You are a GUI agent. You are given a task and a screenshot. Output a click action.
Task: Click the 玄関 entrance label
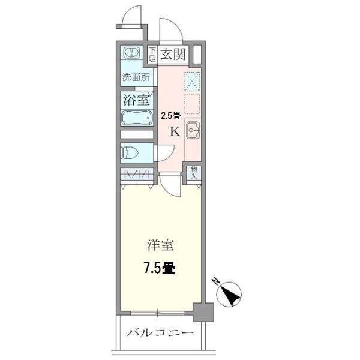tap(173, 55)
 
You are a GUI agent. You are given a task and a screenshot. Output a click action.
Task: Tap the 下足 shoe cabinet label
tap(152, 55)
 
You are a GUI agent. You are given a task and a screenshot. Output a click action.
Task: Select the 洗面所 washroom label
tap(135, 77)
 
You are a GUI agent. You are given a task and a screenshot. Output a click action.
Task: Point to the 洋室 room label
tap(160, 245)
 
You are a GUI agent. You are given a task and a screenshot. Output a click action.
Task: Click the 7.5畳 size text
tap(159, 267)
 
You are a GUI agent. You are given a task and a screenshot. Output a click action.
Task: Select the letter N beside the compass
tap(216, 280)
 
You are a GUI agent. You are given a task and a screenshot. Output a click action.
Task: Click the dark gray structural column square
tap(205, 313)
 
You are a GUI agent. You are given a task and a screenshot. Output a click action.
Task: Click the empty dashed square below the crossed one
tap(193, 103)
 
